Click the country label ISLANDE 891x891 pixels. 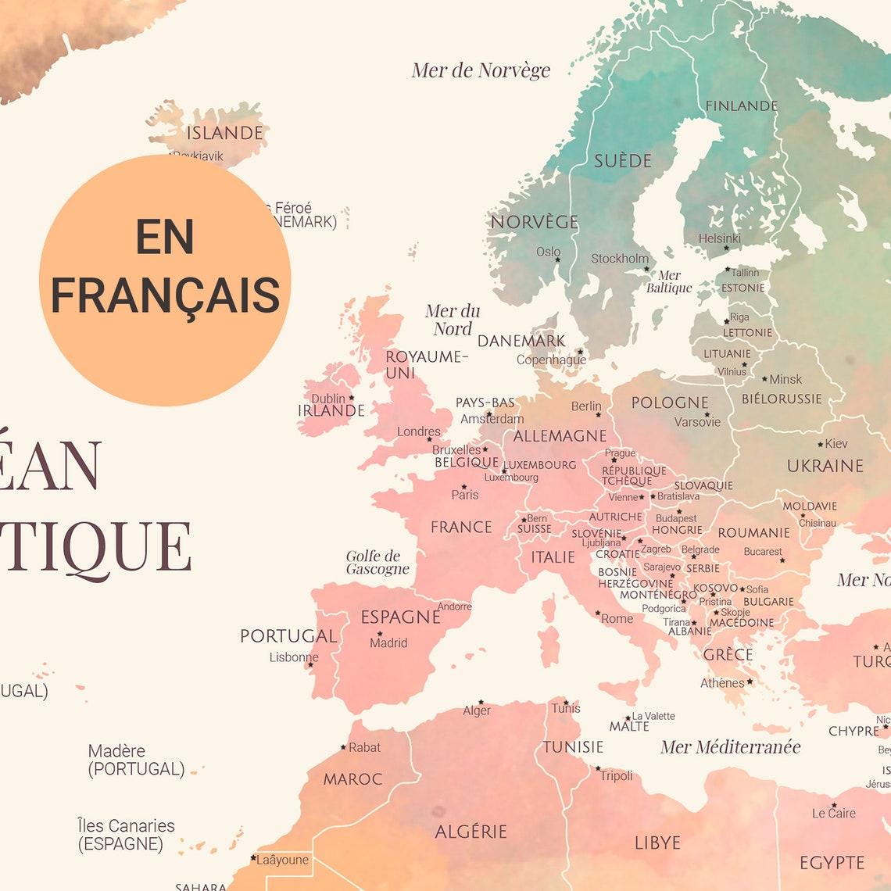224,133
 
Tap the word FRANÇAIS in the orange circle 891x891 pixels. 166,295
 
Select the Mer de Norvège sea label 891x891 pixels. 481,70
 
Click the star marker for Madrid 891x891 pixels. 380,634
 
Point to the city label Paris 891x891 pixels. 465,495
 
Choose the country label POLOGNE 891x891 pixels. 670,403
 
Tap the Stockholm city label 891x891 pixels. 619,259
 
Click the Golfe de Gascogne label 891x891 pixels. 378,563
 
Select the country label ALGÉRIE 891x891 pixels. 471,832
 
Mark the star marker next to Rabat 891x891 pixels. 343,747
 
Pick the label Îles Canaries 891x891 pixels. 126,826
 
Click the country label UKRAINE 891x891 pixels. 825,466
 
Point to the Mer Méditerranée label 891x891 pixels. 730,747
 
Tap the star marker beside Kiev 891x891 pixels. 820,444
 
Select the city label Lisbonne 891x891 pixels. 294,657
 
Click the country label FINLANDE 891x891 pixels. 741,106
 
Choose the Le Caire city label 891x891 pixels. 833,814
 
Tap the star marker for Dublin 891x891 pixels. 351,398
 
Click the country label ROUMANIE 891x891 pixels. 753,533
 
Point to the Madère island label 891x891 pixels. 116,751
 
